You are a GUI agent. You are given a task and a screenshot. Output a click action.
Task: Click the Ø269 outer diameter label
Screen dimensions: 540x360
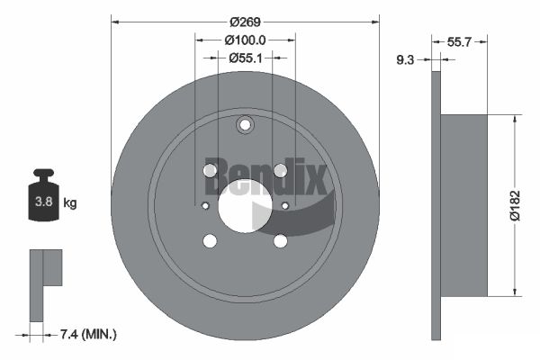245,22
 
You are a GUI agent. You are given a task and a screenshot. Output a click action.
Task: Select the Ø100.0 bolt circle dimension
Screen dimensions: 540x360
245,40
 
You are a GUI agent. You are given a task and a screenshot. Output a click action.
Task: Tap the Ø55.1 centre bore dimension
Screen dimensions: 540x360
245,58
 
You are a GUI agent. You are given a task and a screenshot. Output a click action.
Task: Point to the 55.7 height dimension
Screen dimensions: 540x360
459,42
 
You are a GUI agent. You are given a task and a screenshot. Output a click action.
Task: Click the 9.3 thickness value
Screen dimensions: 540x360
405,60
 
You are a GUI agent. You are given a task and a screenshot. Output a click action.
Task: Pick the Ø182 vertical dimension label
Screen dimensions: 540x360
516,205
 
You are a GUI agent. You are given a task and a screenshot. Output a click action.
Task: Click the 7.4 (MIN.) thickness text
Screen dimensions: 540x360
88,334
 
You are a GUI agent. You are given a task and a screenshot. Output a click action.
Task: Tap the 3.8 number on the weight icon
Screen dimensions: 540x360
44,202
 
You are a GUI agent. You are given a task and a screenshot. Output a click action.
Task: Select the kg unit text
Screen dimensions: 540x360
70,202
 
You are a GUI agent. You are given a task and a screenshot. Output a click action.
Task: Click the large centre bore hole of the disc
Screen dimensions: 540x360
245,206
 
